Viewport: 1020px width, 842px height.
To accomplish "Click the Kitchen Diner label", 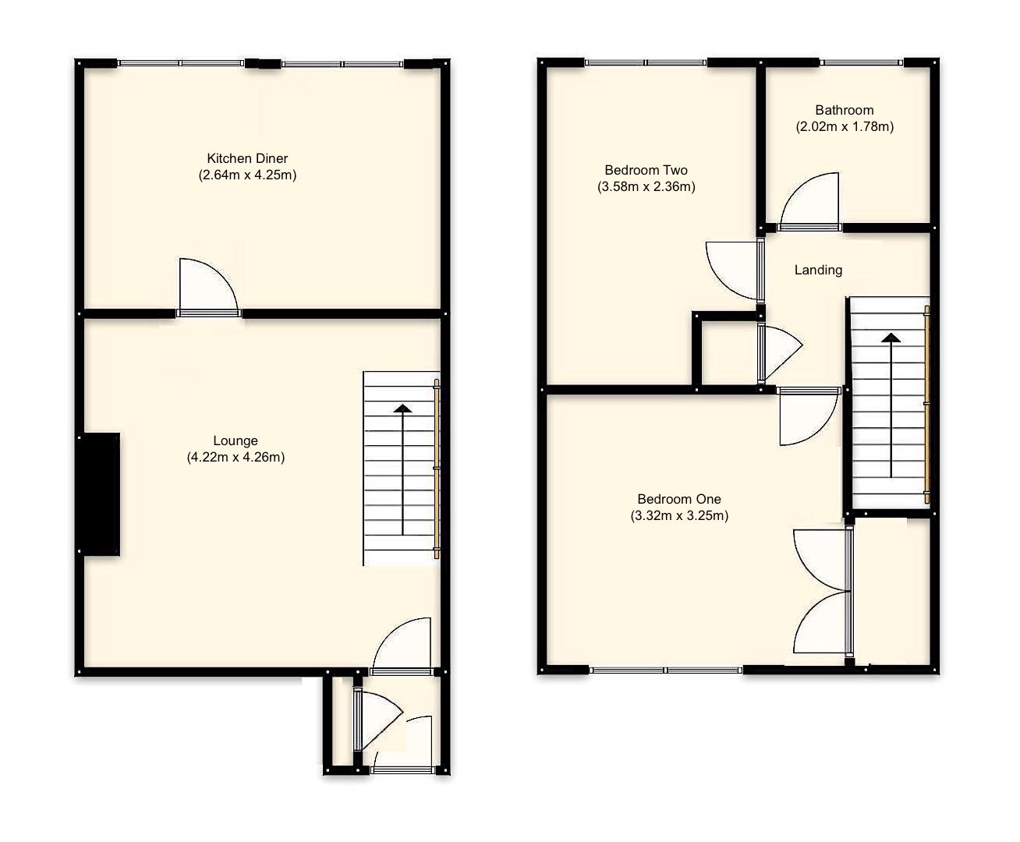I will pos(247,158).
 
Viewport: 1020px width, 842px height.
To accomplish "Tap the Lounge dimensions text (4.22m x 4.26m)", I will pos(236,458).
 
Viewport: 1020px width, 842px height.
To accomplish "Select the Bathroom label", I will pos(844,110).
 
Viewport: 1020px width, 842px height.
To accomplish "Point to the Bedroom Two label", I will pos(646,170).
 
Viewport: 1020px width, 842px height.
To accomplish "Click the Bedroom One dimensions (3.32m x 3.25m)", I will pos(679,515).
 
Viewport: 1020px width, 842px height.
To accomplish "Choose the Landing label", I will pos(818,270).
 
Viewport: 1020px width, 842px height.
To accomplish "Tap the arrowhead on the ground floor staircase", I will pos(402,408).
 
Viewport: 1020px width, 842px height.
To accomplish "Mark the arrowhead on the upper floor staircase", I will pos(890,338).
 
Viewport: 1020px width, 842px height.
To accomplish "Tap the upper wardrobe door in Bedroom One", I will pos(820,558).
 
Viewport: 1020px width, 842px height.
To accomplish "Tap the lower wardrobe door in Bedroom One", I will pos(820,624).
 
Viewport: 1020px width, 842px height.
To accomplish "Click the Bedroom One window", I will pos(666,670).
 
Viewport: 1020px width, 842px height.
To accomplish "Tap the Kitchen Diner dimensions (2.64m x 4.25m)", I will pos(247,175).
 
